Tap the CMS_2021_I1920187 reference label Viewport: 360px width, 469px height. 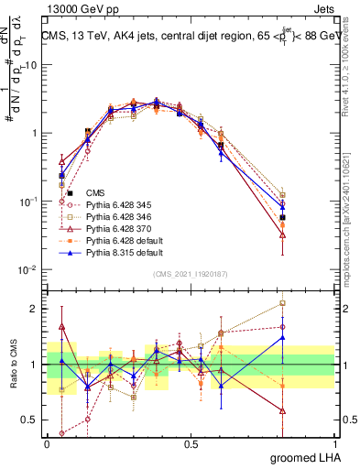tap(191, 274)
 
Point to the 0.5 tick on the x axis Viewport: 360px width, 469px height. tap(191, 443)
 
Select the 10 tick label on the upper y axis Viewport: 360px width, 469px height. tap(30, 65)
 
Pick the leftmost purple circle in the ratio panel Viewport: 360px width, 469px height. tap(61, 433)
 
